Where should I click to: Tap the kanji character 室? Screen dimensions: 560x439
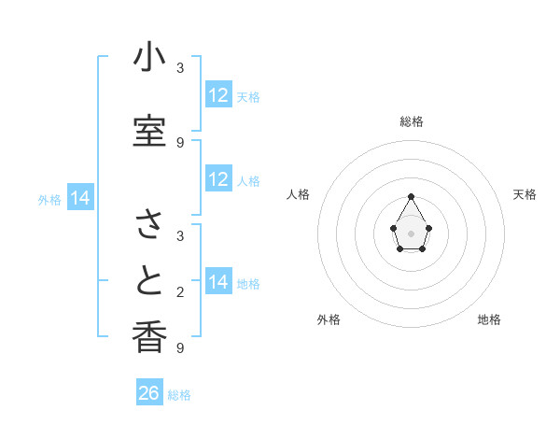149,132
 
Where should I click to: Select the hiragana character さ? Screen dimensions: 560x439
149,224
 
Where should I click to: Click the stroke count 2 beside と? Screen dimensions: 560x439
180,292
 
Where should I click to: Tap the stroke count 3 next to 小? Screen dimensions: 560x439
180,68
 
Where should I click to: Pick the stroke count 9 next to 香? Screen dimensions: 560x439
180,347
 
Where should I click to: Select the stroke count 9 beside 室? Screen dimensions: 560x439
180,142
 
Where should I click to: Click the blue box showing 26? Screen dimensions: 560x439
149,393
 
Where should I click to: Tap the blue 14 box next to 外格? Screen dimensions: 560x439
79,198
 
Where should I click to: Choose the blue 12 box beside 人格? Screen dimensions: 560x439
218,180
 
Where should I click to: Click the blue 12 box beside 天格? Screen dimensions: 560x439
218,95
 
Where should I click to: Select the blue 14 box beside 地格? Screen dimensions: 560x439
218,282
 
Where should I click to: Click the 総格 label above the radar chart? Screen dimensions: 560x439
412,121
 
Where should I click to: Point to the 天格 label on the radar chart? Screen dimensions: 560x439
525,194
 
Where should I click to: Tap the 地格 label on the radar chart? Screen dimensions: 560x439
489,319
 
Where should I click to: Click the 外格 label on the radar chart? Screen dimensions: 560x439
329,319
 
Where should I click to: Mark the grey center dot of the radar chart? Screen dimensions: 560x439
411,232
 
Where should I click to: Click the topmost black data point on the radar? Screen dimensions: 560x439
411,196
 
